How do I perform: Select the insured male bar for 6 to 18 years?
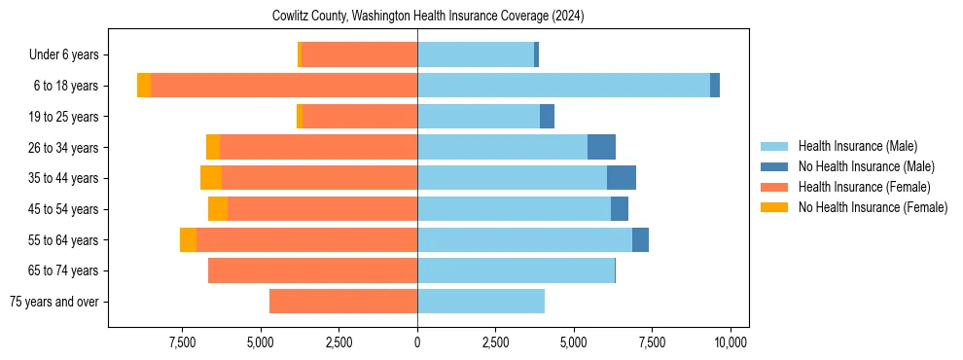point(563,86)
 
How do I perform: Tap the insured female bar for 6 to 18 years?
point(284,86)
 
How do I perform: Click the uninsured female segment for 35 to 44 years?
point(211,178)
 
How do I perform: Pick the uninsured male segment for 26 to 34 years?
point(601,147)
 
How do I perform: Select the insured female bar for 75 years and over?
point(343,302)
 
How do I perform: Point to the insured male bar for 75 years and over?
point(481,302)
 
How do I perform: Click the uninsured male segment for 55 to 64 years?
point(640,239)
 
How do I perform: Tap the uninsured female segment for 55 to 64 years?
point(188,239)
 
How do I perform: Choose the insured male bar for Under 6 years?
point(476,54)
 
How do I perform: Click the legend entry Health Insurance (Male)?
point(857,146)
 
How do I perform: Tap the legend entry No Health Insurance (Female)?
point(873,207)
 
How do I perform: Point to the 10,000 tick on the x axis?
point(730,342)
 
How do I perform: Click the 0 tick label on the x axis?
point(417,342)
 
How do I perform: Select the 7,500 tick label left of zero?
point(184,342)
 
